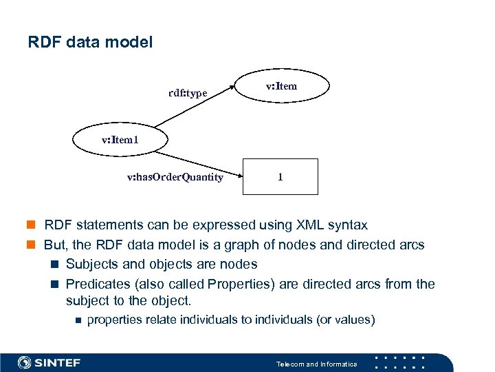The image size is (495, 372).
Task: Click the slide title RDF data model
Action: pyautogui.click(x=90, y=42)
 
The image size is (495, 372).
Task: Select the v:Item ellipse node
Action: pyautogui.click(x=281, y=86)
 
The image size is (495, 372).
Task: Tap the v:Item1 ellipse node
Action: pyautogui.click(x=120, y=140)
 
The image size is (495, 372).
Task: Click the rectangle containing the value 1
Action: pyautogui.click(x=280, y=176)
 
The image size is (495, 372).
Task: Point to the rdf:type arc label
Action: pyautogui.click(x=188, y=93)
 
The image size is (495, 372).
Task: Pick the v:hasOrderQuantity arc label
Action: pyautogui.click(x=175, y=177)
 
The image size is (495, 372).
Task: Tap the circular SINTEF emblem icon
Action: pyautogui.click(x=25, y=362)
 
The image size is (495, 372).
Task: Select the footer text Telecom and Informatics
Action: pyautogui.click(x=316, y=364)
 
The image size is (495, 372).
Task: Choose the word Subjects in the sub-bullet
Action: pyautogui.click(x=91, y=264)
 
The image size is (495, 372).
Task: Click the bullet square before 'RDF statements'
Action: pyautogui.click(x=32, y=225)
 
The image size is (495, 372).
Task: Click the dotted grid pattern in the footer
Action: pyautogui.click(x=402, y=362)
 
